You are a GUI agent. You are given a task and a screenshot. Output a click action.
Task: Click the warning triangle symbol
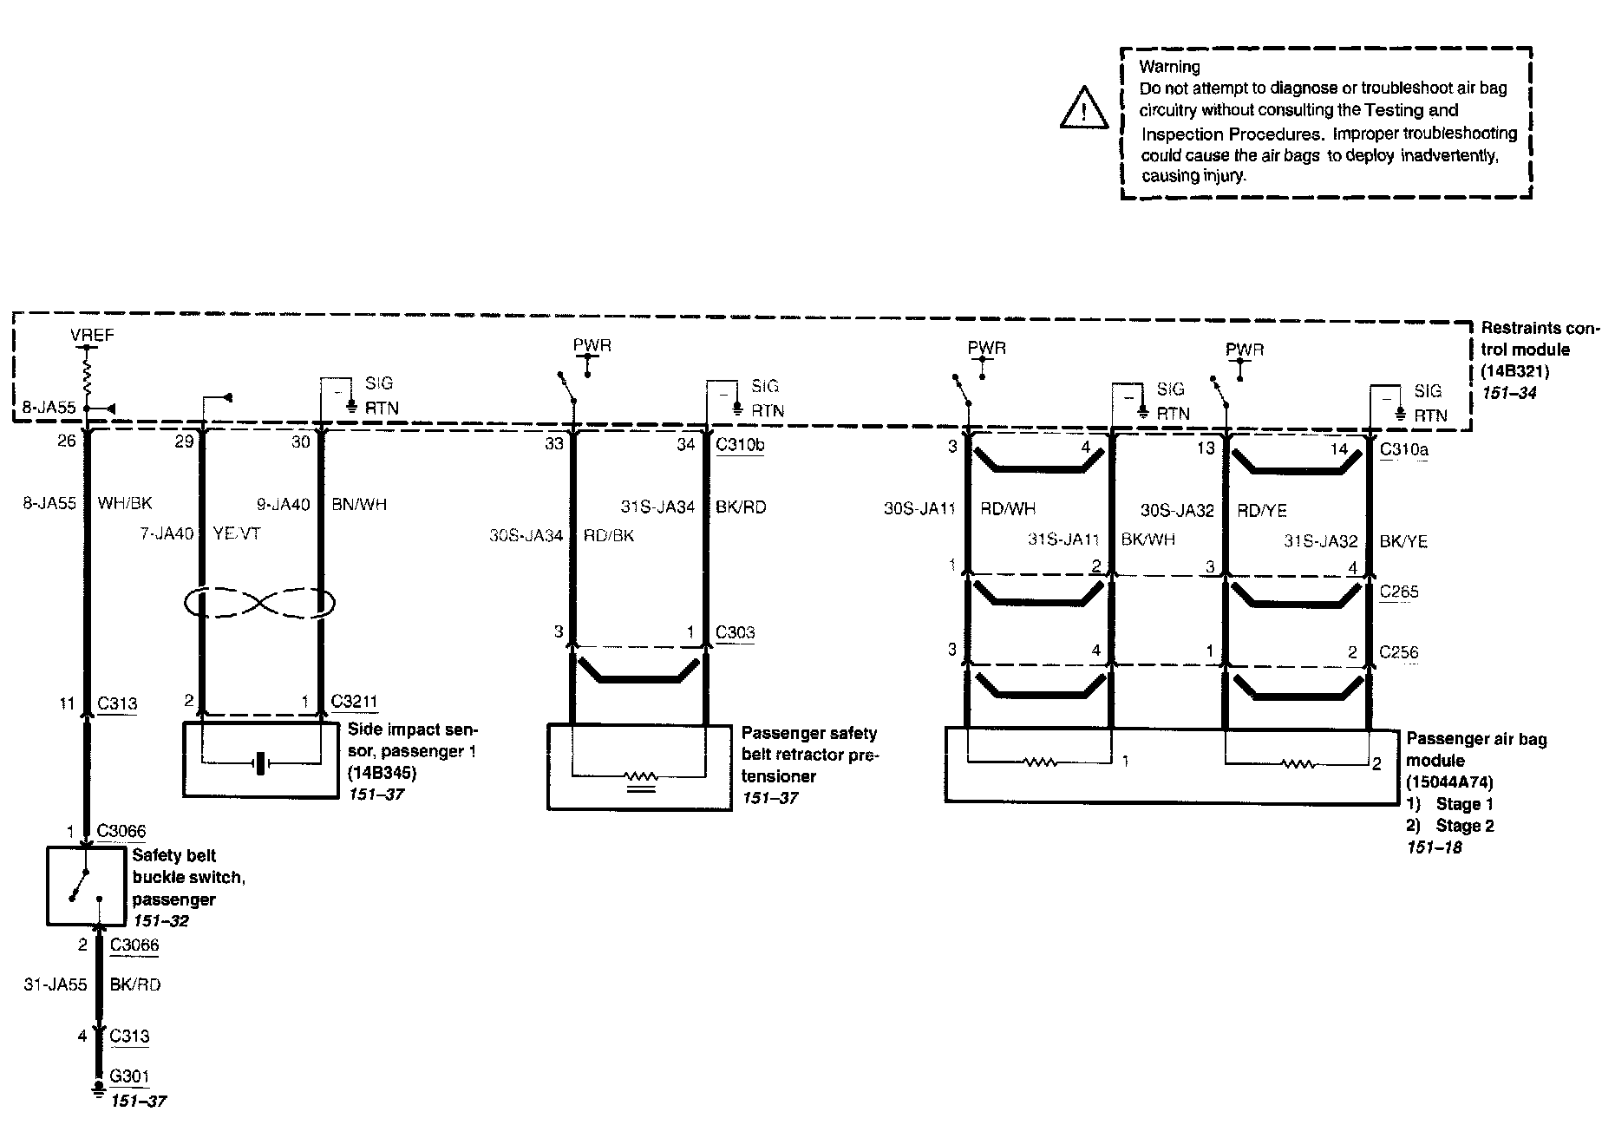pos(1083,108)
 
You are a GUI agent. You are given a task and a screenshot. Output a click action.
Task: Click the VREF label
pos(92,335)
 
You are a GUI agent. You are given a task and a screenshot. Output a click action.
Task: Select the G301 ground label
pos(129,1076)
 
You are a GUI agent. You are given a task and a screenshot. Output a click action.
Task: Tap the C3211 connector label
pos(354,702)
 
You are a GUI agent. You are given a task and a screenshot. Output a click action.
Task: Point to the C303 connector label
pos(735,632)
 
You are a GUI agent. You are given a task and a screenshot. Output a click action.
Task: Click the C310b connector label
pos(740,445)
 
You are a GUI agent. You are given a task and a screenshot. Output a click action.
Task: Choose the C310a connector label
pos(1403,449)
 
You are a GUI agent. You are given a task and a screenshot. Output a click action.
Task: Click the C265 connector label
pos(1398,592)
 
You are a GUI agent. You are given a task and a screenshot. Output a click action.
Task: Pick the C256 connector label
pos(1398,652)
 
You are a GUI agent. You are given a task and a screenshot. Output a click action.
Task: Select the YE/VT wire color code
pos(236,533)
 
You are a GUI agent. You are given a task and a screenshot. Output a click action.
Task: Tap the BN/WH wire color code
pos(359,504)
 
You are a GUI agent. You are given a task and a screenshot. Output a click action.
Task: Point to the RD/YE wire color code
pos(1262,511)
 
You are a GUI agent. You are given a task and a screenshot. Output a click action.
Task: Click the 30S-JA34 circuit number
pos(526,536)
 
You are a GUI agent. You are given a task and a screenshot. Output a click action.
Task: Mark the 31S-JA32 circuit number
pos(1320,541)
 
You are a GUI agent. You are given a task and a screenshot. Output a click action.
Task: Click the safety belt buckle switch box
pos(85,886)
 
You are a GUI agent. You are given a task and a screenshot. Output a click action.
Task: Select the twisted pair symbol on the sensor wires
pos(260,603)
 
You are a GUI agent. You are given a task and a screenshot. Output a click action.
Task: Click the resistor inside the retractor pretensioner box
pos(641,776)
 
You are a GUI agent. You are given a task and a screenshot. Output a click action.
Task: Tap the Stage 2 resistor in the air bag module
pos(1297,764)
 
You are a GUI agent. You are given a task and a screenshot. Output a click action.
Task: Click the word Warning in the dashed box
pos(1169,67)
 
